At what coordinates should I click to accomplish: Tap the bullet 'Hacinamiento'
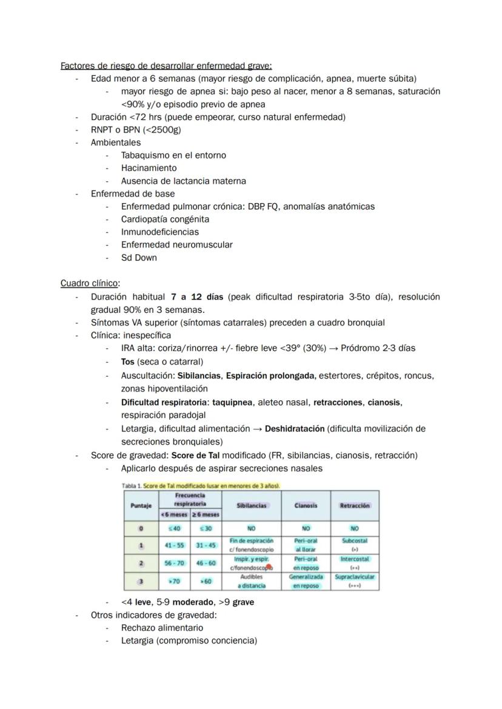tap(149, 168)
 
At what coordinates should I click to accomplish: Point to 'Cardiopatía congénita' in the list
tap(165, 219)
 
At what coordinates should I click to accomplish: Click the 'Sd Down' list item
tap(139, 258)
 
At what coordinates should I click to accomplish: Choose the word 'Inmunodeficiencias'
tap(159, 232)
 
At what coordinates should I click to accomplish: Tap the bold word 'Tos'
tap(127, 362)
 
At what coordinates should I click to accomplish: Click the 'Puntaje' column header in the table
tap(141, 505)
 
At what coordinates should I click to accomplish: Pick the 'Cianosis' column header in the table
tap(306, 505)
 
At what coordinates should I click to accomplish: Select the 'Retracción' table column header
tap(355, 505)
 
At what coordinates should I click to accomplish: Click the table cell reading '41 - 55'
tap(174, 545)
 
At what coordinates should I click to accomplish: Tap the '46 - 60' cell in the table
tap(206, 563)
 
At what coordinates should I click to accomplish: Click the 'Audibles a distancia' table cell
tap(251, 581)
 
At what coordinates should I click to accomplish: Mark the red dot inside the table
tap(269, 566)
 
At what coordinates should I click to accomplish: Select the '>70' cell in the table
tap(174, 581)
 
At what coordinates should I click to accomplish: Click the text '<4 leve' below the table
tap(136, 602)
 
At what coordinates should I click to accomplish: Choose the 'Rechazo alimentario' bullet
tap(162, 628)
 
